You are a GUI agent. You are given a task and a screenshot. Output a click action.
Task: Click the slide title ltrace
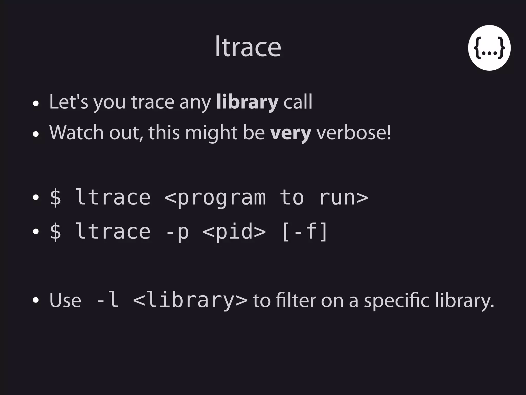[248, 47]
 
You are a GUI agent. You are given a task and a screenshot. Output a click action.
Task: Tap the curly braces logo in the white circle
[489, 48]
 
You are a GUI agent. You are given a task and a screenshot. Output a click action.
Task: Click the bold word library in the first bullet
[247, 102]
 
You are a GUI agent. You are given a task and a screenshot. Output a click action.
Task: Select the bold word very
[290, 133]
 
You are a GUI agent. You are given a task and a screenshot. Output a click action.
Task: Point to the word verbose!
[354, 133]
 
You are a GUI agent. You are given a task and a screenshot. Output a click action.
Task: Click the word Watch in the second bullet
[76, 133]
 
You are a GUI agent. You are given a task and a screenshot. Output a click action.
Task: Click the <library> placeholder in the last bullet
[190, 300]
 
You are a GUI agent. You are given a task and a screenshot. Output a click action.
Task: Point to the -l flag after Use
[107, 300]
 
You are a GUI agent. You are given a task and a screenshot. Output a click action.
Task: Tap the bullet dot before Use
[36, 300]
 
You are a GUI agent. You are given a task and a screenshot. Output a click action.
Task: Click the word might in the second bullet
[211, 133]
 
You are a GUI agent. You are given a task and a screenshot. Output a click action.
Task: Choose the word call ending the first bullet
[298, 102]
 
